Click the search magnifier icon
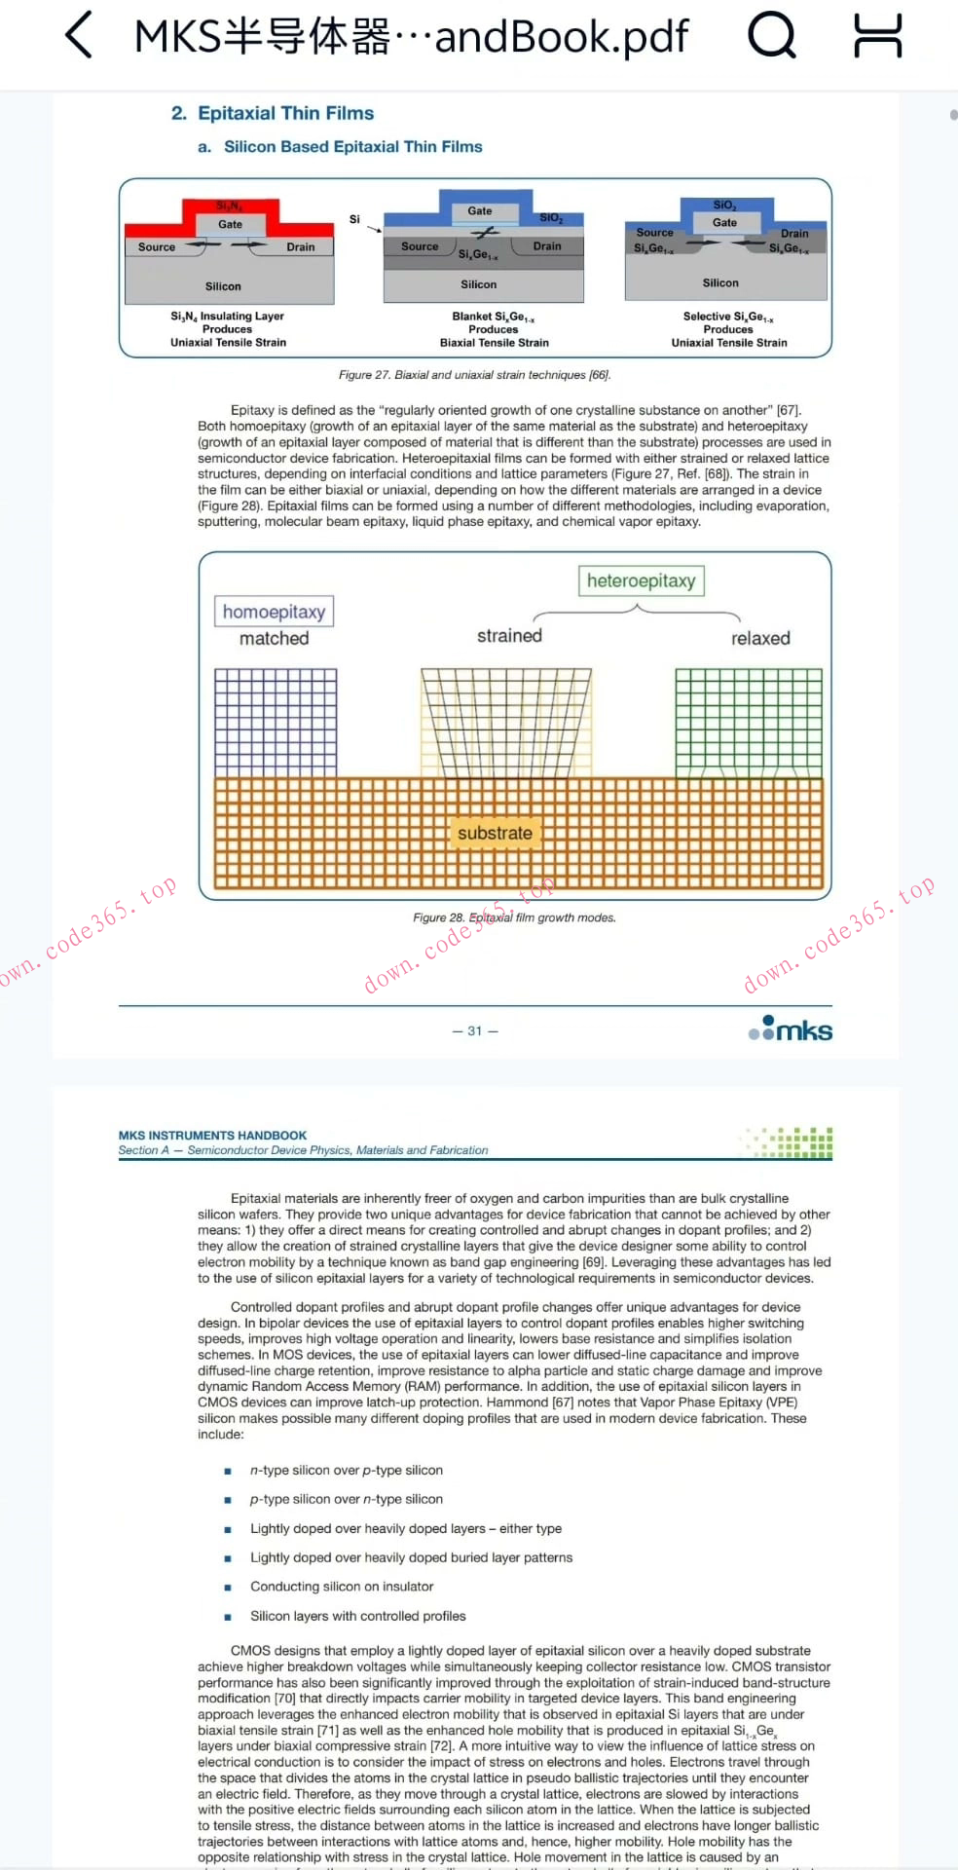[x=772, y=36]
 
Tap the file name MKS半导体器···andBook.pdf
[x=411, y=37]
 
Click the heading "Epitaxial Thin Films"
[x=285, y=113]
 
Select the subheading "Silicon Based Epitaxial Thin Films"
[x=352, y=147]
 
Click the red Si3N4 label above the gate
[x=230, y=206]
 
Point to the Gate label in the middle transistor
[x=480, y=210]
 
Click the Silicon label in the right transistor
[x=720, y=282]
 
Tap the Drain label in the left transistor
[x=301, y=247]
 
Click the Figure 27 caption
[x=475, y=375]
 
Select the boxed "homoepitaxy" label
[x=274, y=612]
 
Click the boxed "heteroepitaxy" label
[x=641, y=581]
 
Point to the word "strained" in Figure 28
[x=509, y=636]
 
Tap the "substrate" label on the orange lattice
[x=495, y=834]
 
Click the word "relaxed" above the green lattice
[x=760, y=639]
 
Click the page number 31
[x=475, y=1030]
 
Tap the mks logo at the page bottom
[x=792, y=1029]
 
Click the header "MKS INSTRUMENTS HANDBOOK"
[x=212, y=1136]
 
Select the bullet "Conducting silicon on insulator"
[x=342, y=1587]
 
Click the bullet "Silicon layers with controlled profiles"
[x=357, y=1616]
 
